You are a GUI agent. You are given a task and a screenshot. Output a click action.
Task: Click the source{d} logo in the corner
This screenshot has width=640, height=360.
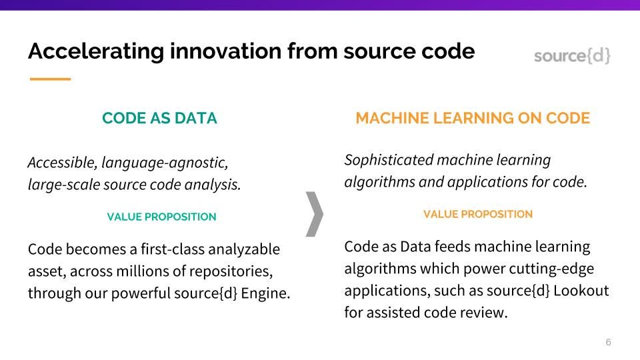[572, 56]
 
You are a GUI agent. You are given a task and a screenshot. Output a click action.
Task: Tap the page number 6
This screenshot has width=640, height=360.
[608, 343]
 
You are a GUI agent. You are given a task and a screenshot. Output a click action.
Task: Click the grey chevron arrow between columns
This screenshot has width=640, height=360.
[314, 214]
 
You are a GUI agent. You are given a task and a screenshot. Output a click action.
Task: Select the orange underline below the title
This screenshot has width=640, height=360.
[50, 79]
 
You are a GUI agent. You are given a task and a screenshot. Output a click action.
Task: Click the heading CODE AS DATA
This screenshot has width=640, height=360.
[159, 119]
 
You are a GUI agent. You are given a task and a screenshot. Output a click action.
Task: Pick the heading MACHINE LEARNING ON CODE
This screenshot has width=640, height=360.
[473, 119]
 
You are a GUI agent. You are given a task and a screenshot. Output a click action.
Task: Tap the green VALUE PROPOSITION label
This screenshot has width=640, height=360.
[161, 217]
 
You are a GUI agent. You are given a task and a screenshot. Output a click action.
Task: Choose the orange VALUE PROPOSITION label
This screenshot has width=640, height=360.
[477, 214]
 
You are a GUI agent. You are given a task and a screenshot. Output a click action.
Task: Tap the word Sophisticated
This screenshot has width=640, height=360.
[388, 160]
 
